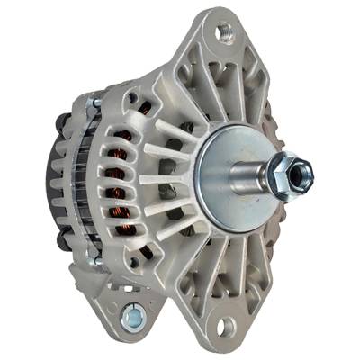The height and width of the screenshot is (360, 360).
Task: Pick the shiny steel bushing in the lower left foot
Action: click(136, 317)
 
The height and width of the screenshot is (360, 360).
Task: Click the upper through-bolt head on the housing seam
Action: click(94, 105)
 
